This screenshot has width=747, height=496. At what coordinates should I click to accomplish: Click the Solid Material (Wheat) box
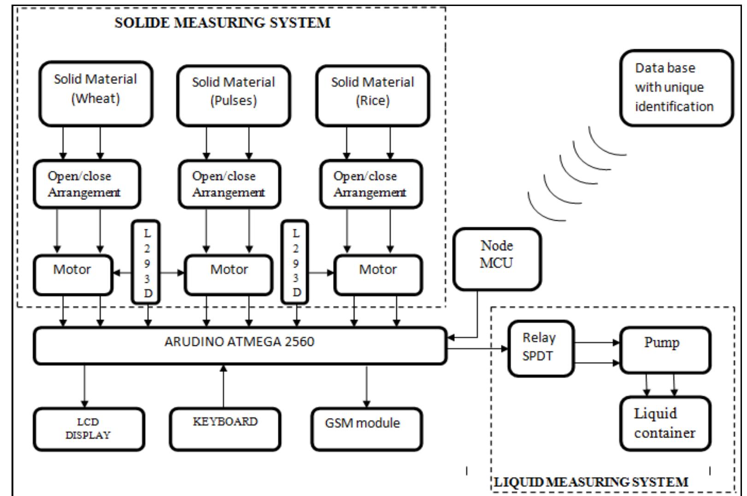[95, 94]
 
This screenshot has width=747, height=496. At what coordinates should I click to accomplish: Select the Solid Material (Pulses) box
[233, 96]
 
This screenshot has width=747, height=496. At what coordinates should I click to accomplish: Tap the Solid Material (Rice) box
[372, 96]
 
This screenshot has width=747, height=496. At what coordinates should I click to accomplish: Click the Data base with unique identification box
[676, 88]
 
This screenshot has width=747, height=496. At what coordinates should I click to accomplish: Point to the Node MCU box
[497, 259]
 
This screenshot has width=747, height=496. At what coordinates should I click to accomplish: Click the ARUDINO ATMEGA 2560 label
[239, 342]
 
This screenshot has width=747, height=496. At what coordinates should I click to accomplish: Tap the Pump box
[665, 350]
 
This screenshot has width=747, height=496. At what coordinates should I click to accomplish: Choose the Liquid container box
[665, 423]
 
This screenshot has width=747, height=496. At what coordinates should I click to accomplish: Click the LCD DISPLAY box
[88, 429]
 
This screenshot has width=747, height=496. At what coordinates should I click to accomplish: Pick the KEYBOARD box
[225, 429]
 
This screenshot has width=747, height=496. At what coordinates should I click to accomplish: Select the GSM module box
[366, 429]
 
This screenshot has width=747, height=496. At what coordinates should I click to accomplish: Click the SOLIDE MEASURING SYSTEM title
[222, 23]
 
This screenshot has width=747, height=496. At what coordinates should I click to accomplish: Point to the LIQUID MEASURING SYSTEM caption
[591, 482]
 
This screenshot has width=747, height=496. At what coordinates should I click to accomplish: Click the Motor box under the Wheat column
[73, 274]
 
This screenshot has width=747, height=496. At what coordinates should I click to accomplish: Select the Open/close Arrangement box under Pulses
[229, 184]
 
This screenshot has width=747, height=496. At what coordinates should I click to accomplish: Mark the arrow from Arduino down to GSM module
[367, 386]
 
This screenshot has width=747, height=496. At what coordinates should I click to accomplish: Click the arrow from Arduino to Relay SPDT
[477, 349]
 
